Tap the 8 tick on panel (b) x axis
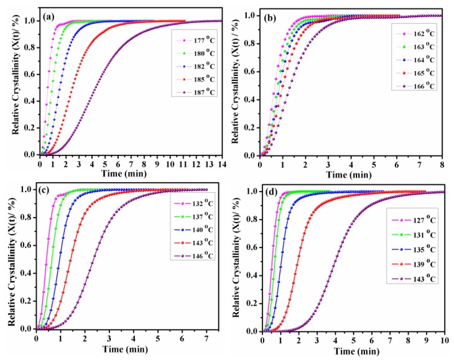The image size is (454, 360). tap(441, 164)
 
